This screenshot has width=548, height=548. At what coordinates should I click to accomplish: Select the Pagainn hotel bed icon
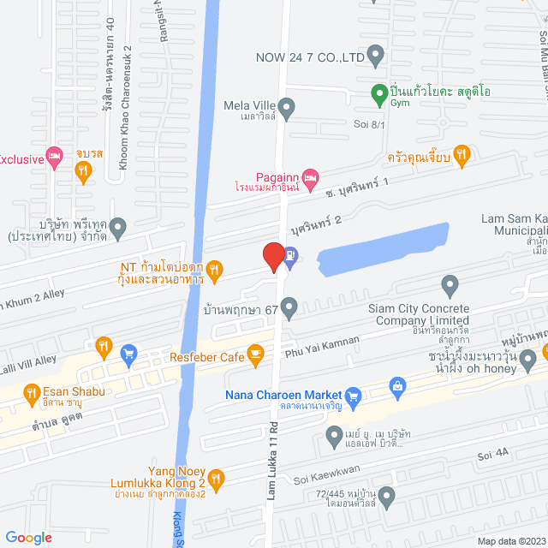point(310,176)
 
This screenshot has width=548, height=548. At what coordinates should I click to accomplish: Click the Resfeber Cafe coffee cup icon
point(255,353)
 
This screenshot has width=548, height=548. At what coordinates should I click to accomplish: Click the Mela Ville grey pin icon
point(288,107)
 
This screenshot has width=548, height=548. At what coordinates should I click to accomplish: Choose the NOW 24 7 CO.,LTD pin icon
point(375,57)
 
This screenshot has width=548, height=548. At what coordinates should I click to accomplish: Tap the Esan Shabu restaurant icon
point(104,347)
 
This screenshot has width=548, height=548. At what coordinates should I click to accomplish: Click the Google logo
point(28,537)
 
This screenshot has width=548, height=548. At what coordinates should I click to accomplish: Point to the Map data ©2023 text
point(510,540)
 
